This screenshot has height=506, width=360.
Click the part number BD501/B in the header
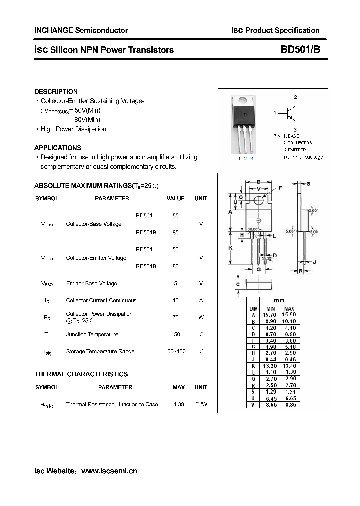click(x=297, y=50)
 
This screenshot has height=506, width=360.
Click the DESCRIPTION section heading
click(x=56, y=92)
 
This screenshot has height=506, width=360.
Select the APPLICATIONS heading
click(x=58, y=148)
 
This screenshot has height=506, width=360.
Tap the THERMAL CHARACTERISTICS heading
click(x=81, y=374)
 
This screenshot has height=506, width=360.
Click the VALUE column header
click(x=175, y=198)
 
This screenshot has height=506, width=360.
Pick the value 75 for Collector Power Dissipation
click(x=175, y=317)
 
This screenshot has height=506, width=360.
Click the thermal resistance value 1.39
click(x=178, y=404)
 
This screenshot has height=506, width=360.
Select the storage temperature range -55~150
click(x=175, y=351)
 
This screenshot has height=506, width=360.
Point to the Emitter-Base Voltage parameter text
click(x=92, y=283)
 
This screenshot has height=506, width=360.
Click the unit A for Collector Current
click(x=201, y=300)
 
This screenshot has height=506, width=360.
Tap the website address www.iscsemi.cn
click(x=109, y=471)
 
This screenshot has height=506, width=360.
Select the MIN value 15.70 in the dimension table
click(x=271, y=314)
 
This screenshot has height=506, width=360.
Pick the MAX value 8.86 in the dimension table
click(x=290, y=404)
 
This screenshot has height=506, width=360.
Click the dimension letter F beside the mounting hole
click(x=280, y=188)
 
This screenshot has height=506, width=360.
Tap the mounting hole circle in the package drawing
click(x=259, y=200)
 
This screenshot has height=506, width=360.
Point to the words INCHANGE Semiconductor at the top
click(x=81, y=30)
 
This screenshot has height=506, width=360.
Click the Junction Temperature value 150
click(x=175, y=334)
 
